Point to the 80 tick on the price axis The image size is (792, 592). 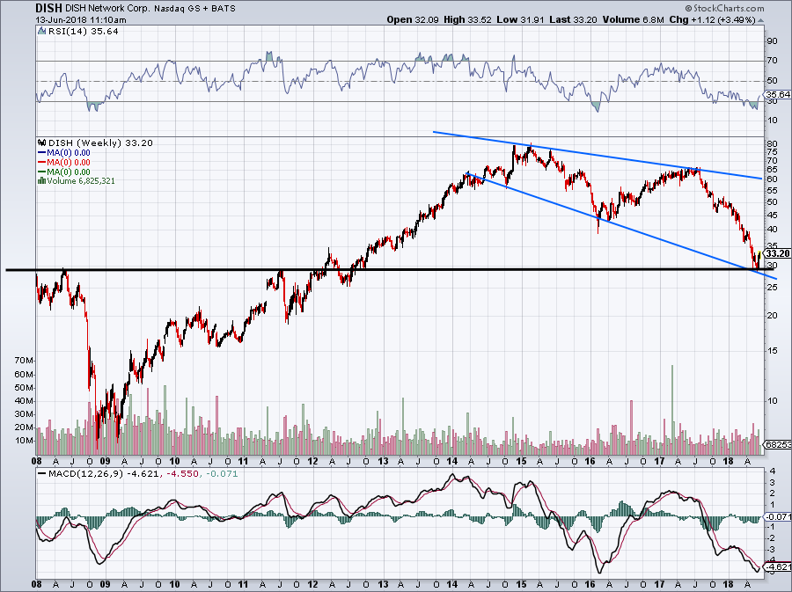[771, 143]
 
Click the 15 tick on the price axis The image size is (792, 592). [771, 351]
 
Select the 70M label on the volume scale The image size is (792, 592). [23, 362]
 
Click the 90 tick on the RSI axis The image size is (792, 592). [771, 40]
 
